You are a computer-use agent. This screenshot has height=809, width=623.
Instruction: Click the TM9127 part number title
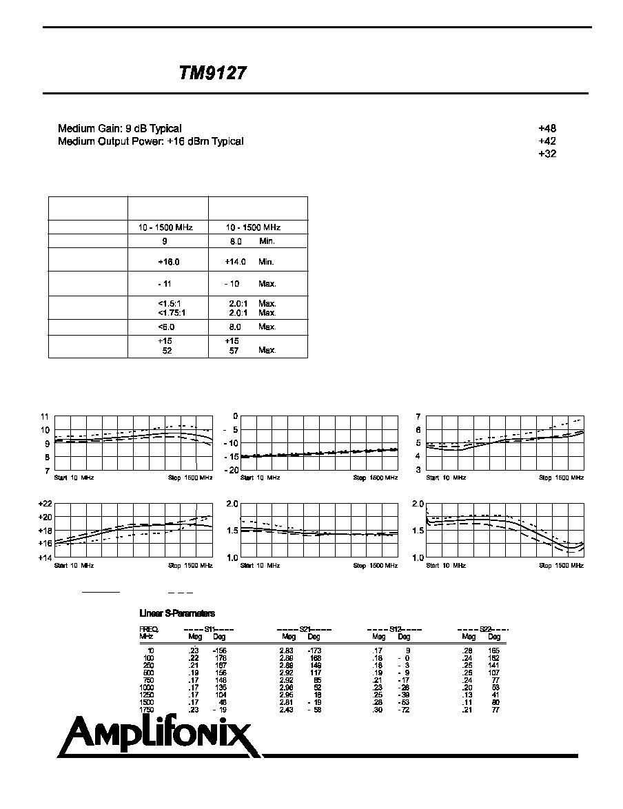[212, 74]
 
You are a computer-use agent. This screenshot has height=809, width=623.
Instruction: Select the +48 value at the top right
[547, 128]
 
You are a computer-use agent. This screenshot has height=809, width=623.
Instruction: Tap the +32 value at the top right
[547, 154]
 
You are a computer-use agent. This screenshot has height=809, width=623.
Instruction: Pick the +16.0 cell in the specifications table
[168, 262]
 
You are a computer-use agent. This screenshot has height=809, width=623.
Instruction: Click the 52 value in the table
[167, 350]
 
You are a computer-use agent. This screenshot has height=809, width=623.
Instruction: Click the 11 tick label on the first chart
[45, 417]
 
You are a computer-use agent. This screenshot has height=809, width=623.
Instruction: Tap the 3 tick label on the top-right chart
[418, 469]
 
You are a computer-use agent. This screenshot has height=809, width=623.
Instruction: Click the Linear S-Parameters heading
[177, 613]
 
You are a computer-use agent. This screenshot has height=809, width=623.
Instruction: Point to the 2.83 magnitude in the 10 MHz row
[287, 651]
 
